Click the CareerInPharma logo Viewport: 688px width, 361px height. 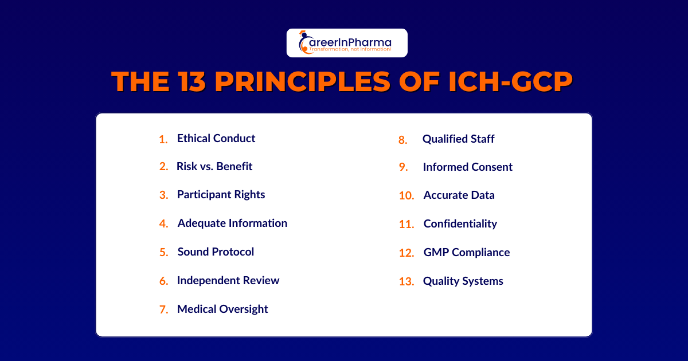click(347, 43)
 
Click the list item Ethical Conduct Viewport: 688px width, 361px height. click(216, 138)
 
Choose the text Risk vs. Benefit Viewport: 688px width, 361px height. click(214, 166)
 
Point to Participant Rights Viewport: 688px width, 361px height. click(221, 194)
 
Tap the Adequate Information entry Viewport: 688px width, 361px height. click(232, 223)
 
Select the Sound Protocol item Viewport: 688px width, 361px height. click(216, 252)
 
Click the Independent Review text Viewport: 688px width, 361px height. click(228, 280)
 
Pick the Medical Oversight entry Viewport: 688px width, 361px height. click(222, 309)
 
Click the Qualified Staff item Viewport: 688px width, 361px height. click(458, 139)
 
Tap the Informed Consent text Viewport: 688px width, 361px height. click(467, 167)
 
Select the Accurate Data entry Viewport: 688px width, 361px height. click(459, 195)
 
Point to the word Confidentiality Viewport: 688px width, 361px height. click(460, 223)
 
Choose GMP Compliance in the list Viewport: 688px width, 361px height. click(466, 252)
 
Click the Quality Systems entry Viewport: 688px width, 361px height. click(463, 281)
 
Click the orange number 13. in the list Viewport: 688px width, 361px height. click(406, 281)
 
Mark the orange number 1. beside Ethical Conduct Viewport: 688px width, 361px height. click(163, 139)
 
